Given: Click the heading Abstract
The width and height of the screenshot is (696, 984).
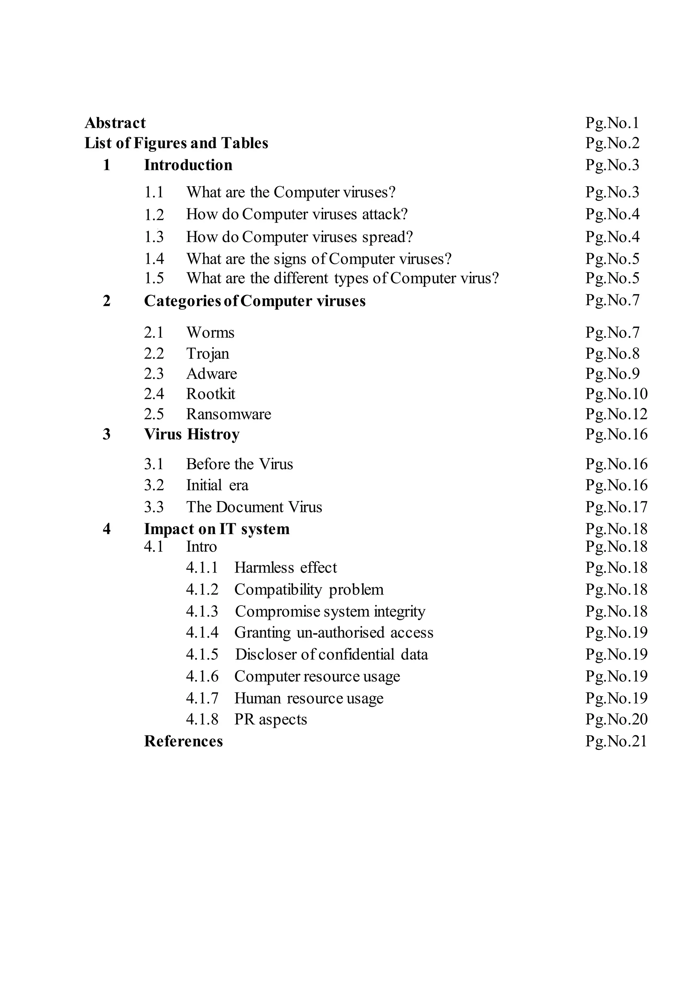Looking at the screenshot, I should [x=115, y=123].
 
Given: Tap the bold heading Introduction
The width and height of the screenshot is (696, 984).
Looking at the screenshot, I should [x=188, y=165].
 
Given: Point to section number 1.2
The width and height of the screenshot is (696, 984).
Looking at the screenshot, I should [x=154, y=214].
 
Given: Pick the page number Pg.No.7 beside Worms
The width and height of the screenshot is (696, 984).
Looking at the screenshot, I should [x=612, y=333].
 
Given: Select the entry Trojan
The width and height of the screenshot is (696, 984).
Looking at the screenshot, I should [x=207, y=354].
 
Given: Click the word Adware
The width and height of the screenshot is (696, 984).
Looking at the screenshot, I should [x=211, y=374].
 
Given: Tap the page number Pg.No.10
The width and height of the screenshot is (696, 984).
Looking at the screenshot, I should [x=616, y=394].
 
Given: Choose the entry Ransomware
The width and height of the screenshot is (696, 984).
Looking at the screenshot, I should [x=228, y=414].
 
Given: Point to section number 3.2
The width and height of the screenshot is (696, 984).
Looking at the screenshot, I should [x=154, y=485].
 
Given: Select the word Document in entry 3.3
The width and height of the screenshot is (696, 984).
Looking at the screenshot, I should [x=249, y=507].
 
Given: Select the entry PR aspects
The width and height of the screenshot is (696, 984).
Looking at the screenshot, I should [x=271, y=719].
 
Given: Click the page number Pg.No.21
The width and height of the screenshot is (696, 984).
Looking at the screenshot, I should [x=616, y=741].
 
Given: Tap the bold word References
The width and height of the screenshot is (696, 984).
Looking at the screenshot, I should [x=184, y=741].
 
